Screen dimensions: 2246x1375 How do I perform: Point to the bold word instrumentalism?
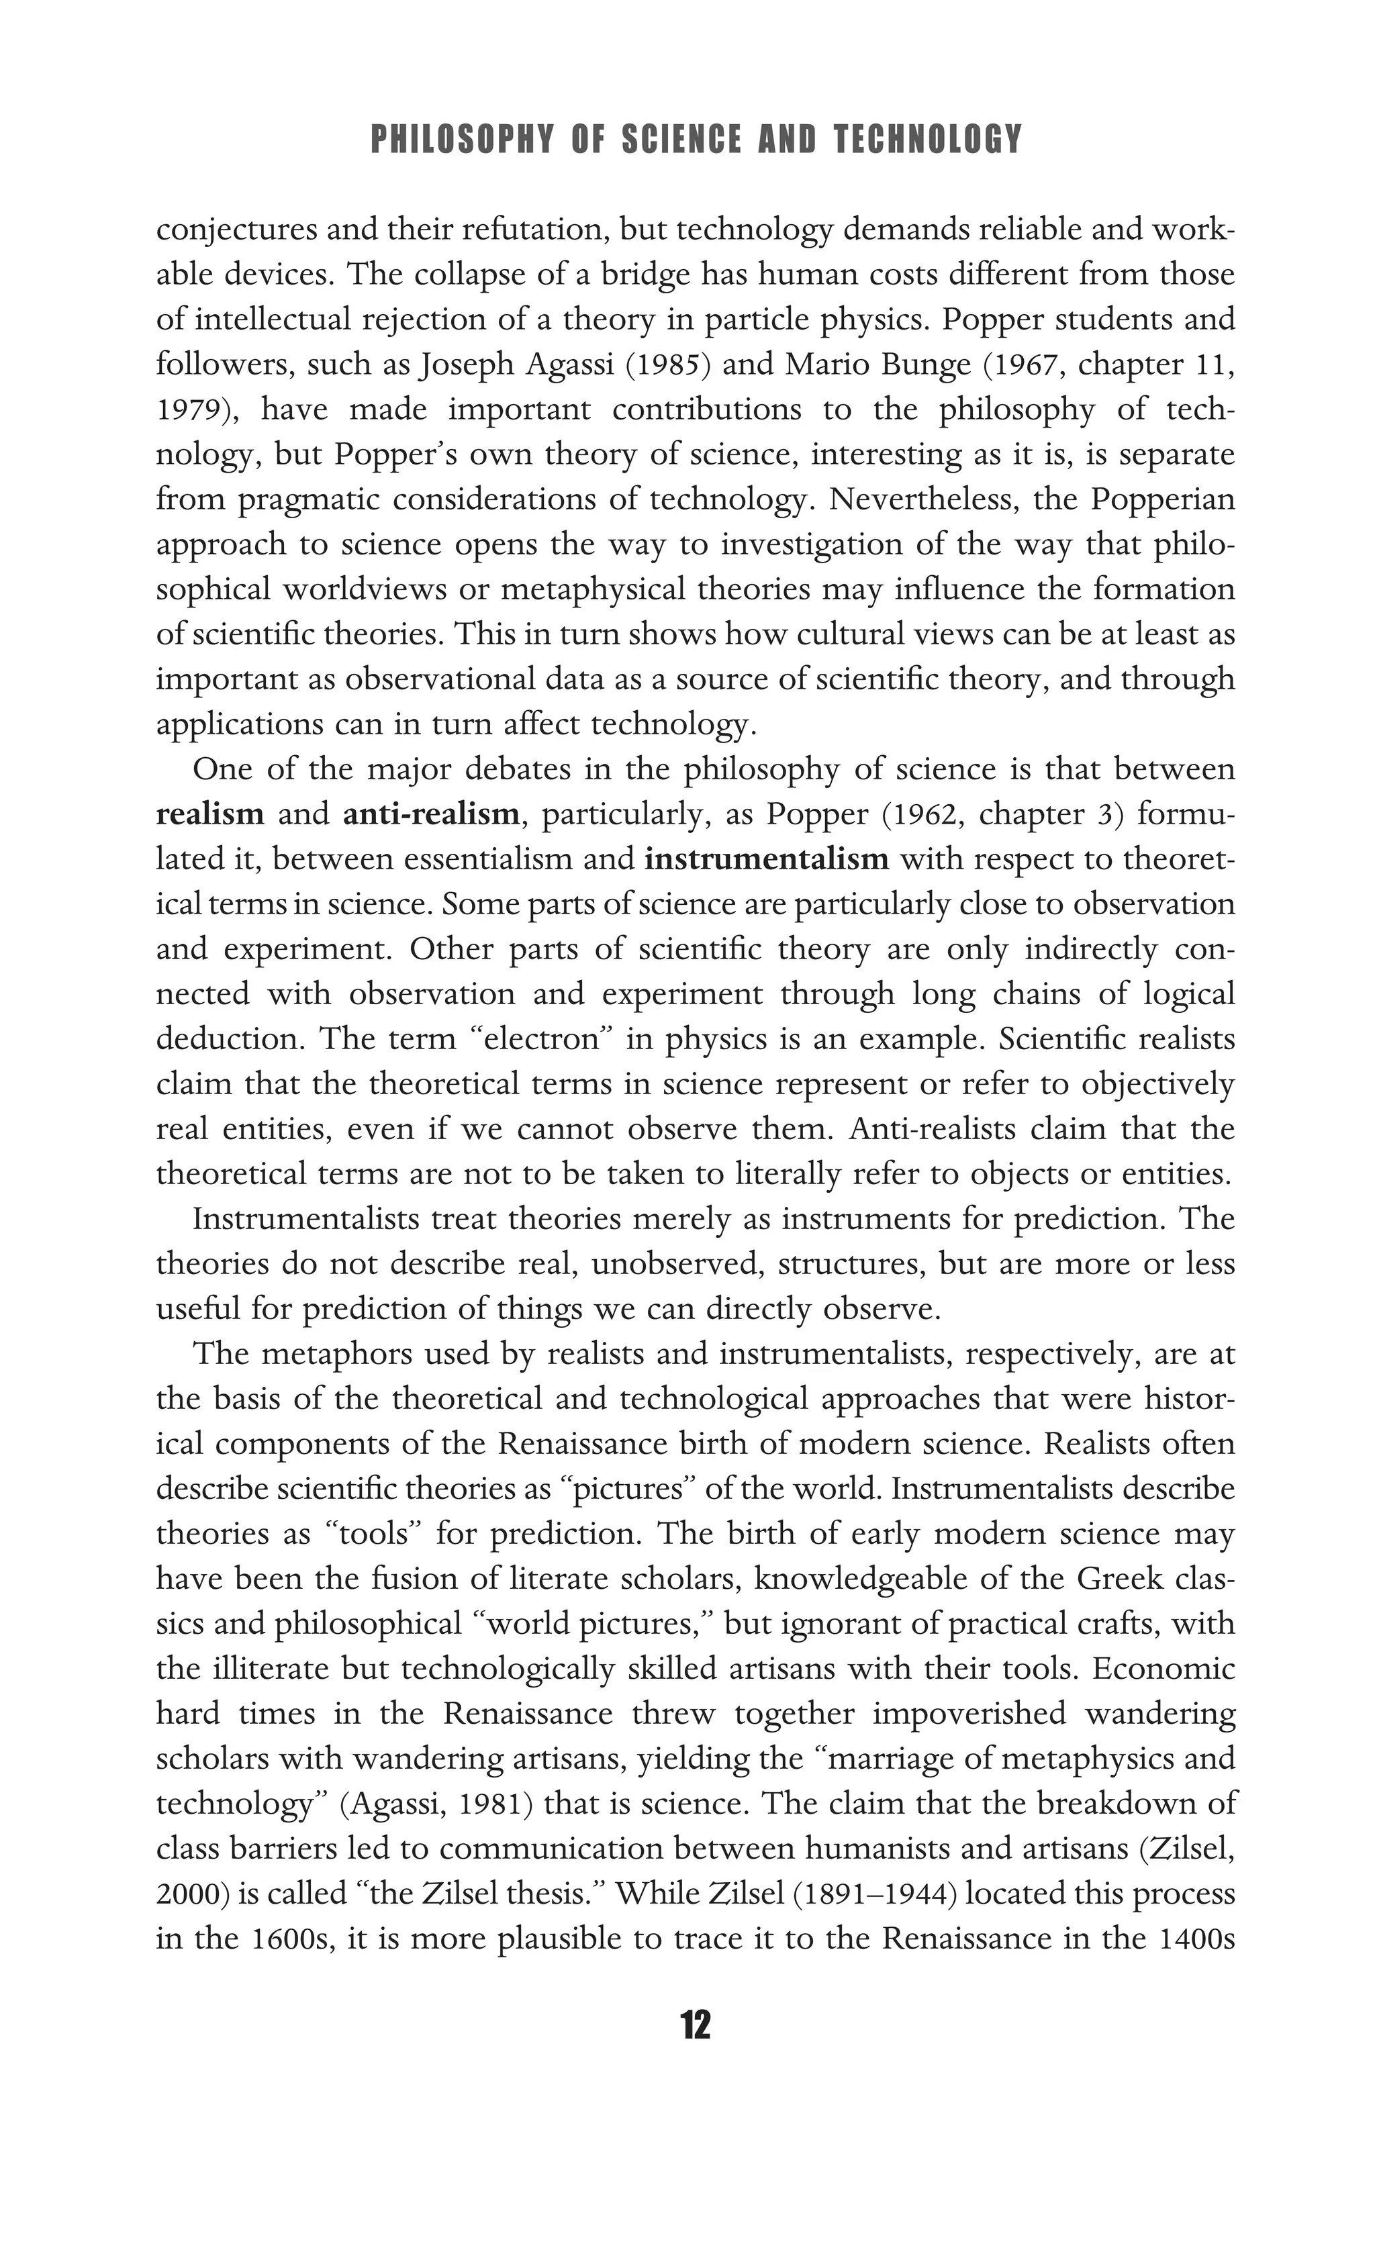(x=766, y=859)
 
